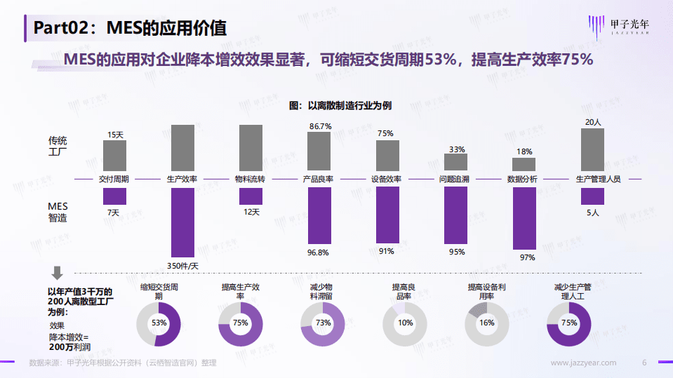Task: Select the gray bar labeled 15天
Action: [x=114, y=155]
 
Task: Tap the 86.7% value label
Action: [x=320, y=126]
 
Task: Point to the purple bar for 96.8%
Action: [x=319, y=215]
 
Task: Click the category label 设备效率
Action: [x=387, y=180]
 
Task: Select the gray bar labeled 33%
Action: [x=455, y=162]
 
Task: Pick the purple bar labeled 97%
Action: [x=524, y=218]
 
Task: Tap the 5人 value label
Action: [x=592, y=212]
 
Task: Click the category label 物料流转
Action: [x=251, y=180]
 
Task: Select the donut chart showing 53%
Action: [x=159, y=323]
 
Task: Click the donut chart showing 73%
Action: [x=323, y=323]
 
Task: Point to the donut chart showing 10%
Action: [x=405, y=323]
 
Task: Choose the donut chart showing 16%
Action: [x=487, y=323]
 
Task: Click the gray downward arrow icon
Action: [x=58, y=272]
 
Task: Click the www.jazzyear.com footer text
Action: [x=583, y=363]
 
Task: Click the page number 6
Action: [x=644, y=363]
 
